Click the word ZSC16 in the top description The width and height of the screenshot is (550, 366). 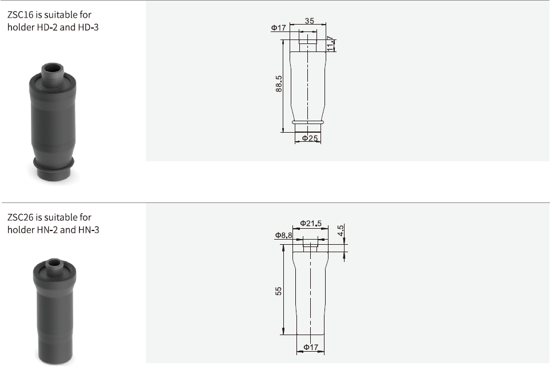[21, 15]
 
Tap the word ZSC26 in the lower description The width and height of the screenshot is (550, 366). [21, 217]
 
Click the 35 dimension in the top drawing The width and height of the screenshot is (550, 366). [310, 21]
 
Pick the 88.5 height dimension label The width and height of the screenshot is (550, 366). [279, 84]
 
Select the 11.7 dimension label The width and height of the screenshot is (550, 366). [330, 44]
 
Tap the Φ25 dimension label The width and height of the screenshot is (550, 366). [310, 138]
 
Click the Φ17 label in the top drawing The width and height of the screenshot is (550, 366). [279, 27]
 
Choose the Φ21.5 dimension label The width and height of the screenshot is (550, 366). [311, 223]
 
